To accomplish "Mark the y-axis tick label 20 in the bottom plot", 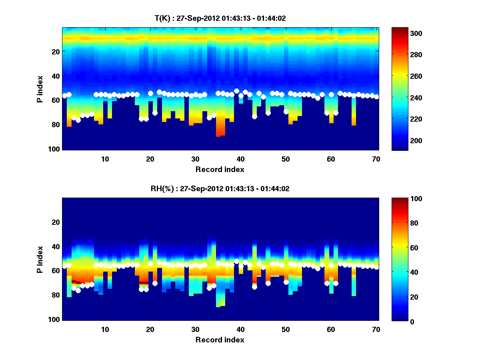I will [x=56, y=222].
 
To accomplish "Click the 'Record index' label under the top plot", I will [x=220, y=169].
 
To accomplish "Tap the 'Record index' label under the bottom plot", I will [x=220, y=340].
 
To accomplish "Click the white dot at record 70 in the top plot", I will [x=376, y=97].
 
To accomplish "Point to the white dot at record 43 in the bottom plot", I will [x=254, y=287].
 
